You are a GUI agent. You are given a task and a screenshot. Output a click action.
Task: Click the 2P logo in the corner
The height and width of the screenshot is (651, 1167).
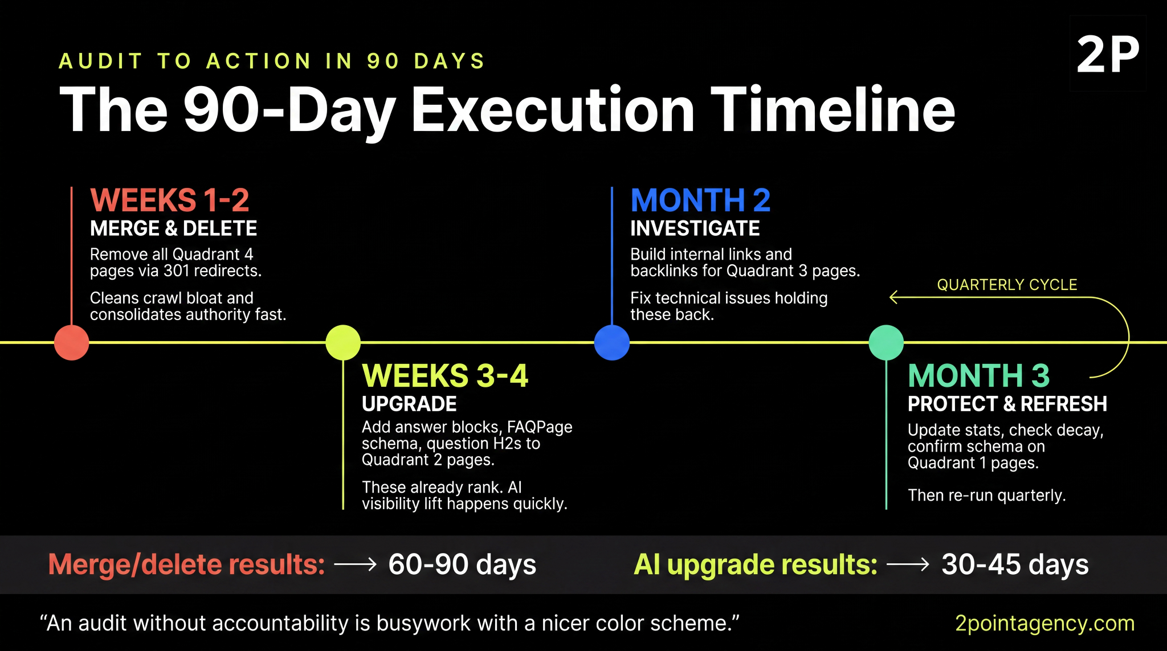(1108, 54)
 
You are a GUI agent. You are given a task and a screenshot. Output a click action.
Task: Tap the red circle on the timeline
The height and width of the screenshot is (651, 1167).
(72, 342)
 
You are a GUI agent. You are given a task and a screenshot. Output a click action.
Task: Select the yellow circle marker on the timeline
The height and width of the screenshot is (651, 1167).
(343, 342)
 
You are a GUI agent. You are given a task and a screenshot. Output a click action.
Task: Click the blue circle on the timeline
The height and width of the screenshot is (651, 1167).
(612, 342)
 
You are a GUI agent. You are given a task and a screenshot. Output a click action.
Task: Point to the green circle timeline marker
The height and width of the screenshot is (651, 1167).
(886, 342)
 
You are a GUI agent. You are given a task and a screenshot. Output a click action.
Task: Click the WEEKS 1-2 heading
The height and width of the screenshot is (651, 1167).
(170, 200)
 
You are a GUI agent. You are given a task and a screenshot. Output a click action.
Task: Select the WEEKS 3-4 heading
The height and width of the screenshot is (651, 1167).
(445, 376)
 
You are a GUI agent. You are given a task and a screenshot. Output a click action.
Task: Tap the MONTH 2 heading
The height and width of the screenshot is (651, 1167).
(700, 200)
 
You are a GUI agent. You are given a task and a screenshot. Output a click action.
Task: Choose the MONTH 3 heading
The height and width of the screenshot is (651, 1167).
(978, 376)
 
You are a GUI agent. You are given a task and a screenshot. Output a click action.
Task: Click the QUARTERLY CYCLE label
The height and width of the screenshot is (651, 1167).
(1007, 285)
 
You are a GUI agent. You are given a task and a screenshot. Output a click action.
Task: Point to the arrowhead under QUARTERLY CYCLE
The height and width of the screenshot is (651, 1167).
(893, 297)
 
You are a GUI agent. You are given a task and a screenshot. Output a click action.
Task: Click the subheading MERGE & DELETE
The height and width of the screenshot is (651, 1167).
(173, 228)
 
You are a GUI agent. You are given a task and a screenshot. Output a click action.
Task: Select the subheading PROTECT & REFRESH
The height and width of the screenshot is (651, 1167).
(1007, 404)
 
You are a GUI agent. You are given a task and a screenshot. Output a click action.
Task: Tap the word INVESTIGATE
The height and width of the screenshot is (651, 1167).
(695, 228)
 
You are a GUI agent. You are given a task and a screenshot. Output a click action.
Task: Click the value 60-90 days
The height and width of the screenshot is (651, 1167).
(462, 564)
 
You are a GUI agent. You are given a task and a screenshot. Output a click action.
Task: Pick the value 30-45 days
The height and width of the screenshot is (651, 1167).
(1015, 564)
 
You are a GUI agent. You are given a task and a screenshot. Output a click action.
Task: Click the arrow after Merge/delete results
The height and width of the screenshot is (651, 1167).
(356, 564)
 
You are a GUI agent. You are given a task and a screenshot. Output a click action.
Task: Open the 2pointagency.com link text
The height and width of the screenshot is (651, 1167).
(1044, 623)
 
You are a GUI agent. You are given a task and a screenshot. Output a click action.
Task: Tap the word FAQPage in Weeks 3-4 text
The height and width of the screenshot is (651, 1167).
(540, 427)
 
